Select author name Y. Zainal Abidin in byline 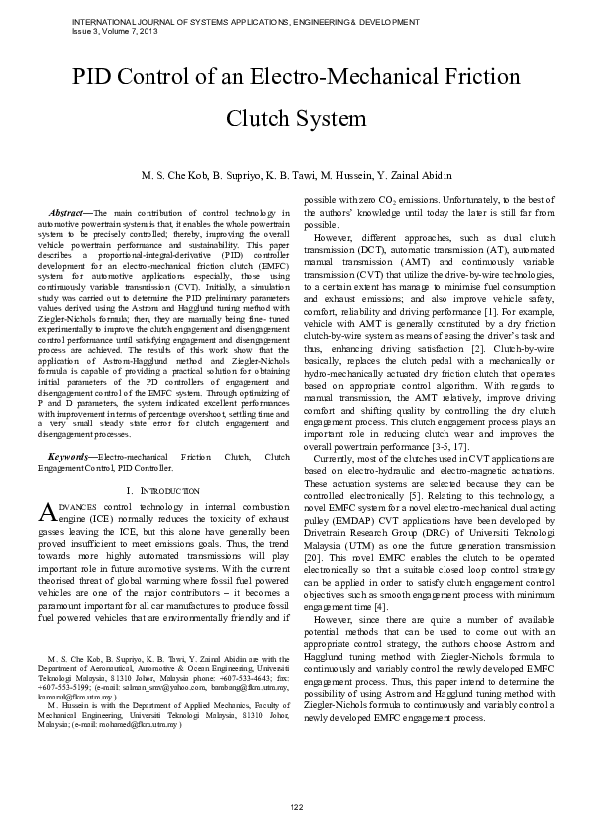pyautogui.click(x=409, y=175)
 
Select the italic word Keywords pyautogui.click(x=72, y=456)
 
